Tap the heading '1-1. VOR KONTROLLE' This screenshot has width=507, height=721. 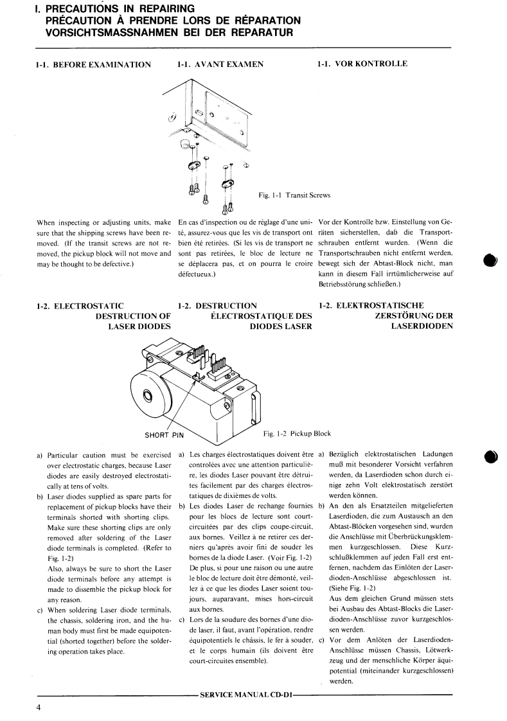pos(362,65)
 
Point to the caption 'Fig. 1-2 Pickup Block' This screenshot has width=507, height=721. pos(301,434)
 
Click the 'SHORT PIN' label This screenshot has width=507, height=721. pos(164,435)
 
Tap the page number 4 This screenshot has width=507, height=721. pos(39,708)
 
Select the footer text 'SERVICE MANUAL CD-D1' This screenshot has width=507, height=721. pos(247,695)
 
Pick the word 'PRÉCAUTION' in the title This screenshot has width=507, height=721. pos(84,20)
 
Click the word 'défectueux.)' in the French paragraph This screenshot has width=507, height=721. pos(197,273)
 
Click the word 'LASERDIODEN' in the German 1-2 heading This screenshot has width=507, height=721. pos(422,326)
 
